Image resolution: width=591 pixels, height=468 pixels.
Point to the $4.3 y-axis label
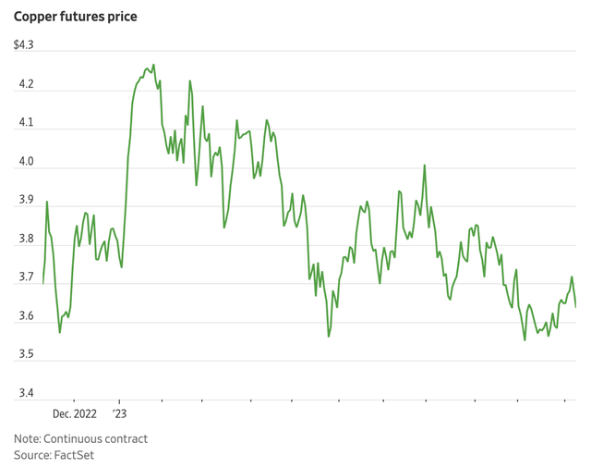point(24,46)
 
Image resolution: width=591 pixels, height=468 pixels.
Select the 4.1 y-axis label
point(25,123)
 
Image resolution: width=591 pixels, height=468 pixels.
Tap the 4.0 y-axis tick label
point(25,162)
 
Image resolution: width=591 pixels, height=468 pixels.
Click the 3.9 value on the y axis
point(25,201)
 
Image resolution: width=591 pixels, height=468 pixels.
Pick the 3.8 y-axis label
point(25,240)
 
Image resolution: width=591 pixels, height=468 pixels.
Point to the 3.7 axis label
point(25,278)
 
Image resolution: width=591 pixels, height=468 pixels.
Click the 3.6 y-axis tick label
point(25,317)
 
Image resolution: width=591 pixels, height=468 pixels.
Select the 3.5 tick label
point(25,355)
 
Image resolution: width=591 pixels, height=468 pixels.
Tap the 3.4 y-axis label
point(25,394)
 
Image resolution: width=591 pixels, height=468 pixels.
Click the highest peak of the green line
point(153,65)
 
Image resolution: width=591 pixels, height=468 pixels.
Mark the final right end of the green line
point(576,306)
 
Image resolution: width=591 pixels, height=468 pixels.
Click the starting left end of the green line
point(42,283)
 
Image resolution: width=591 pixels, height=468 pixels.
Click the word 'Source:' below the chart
point(33,456)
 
